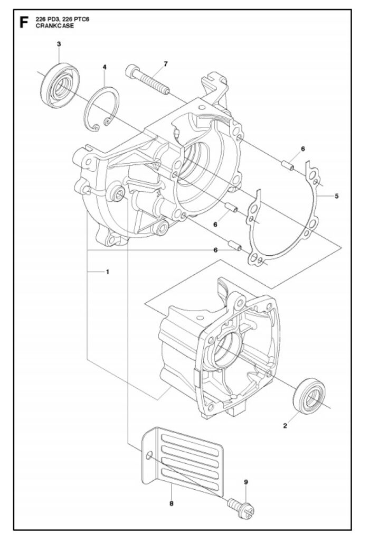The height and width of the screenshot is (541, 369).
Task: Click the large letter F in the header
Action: coord(24,22)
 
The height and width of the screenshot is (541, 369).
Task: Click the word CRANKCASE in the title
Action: coord(55,25)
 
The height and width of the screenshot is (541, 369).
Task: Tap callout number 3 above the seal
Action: coord(59,44)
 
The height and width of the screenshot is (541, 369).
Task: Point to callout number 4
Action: coord(105,67)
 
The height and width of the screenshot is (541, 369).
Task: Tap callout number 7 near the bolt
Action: coord(166,64)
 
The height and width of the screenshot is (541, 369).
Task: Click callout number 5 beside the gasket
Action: coord(337,196)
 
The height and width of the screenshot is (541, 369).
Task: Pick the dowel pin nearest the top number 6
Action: coord(288,165)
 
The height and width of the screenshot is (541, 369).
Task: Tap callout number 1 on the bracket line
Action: coord(108,272)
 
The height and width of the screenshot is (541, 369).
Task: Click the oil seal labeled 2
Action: coord(309,396)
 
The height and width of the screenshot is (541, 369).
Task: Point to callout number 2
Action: coord(285,426)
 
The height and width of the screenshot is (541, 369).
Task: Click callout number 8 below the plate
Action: coord(172,503)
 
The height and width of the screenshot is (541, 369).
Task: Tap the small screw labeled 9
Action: coord(241,508)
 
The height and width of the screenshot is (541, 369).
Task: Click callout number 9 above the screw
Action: coord(246,482)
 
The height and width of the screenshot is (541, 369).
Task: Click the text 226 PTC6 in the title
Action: coord(77,20)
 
